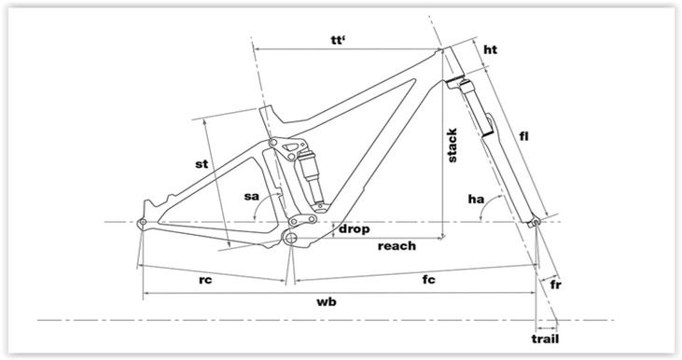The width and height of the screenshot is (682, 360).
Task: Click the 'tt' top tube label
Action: pyautogui.click(x=337, y=40)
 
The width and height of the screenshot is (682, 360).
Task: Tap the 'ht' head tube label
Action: pyautogui.click(x=490, y=49)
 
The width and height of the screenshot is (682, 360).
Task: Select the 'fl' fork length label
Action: pyautogui.click(x=524, y=136)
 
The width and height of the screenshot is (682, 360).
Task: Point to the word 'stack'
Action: pyautogui.click(x=452, y=145)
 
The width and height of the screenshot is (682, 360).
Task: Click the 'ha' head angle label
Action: pyautogui.click(x=476, y=200)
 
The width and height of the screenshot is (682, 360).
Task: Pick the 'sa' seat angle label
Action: pyautogui.click(x=251, y=196)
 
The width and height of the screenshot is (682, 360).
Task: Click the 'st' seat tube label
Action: pyautogui.click(x=202, y=164)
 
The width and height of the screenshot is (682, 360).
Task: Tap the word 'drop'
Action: pyautogui.click(x=354, y=228)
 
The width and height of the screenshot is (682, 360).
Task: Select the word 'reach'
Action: pyautogui.click(x=397, y=246)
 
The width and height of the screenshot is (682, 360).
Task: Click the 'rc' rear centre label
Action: pyautogui.click(x=205, y=280)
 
